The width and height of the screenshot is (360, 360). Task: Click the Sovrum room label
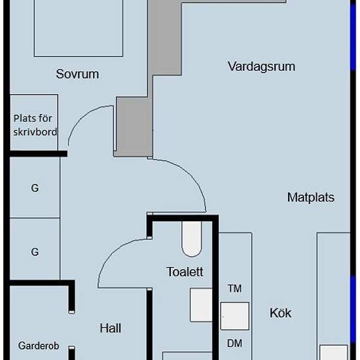coord(78,74)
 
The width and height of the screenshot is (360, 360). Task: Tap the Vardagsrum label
coord(262,67)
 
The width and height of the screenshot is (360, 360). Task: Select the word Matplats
coord(311,197)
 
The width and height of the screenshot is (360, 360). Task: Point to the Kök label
coord(280,313)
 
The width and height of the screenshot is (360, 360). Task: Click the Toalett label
coord(185,272)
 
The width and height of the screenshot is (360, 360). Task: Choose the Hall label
coord(111,328)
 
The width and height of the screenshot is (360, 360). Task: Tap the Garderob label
coord(39,346)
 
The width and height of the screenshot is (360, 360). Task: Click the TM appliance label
coord(234,289)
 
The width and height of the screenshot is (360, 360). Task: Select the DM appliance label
coord(234,344)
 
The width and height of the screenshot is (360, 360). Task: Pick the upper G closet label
coord(35,188)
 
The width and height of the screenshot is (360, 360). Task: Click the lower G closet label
coord(35,252)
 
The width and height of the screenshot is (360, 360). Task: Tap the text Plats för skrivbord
coord(35,125)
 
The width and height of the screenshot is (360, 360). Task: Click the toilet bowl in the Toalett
coord(192,239)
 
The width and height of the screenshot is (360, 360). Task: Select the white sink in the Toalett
coord(201,305)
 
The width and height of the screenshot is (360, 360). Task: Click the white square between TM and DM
coord(235,316)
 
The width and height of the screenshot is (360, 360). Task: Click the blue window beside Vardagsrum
coord(353,37)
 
